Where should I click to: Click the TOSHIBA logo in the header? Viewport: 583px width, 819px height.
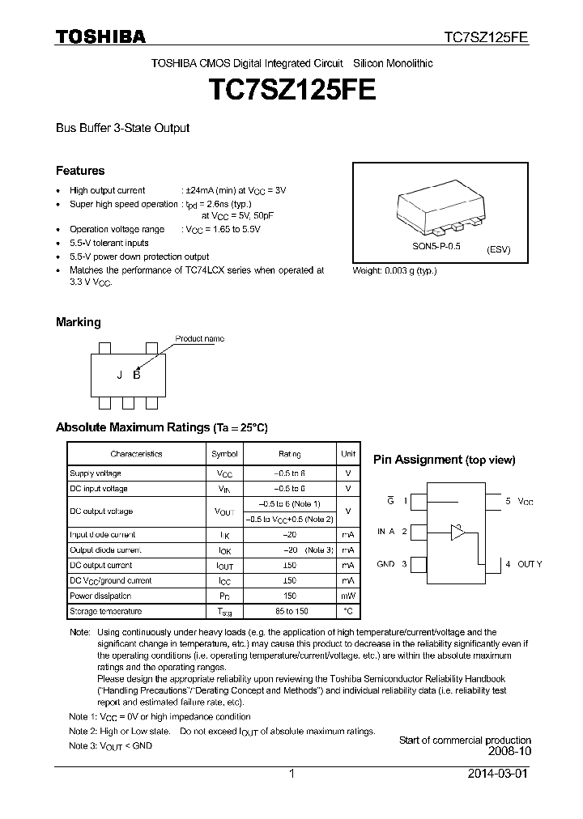pos(100,36)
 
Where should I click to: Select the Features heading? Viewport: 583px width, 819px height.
pos(80,171)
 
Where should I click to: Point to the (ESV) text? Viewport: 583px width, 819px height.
pos(498,250)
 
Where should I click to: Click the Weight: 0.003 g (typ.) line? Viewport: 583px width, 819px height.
pos(394,270)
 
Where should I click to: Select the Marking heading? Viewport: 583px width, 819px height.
pos(78,322)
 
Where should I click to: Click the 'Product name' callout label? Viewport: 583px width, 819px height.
pos(200,339)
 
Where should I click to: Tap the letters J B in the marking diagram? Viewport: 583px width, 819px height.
pos(128,374)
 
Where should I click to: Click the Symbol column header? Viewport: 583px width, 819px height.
pos(224,454)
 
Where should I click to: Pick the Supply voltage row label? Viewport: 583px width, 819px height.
pos(96,473)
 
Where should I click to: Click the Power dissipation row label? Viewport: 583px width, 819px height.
pos(100,596)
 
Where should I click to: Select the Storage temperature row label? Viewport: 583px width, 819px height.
pos(105,611)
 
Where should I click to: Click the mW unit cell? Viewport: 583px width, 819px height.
pos(347,596)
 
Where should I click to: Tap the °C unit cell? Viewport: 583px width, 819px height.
pos(347,611)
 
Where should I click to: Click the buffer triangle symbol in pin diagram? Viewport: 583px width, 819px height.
pos(458,532)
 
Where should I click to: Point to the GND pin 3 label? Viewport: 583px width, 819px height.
pos(391,563)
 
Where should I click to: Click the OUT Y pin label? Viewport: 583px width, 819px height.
pos(524,563)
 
